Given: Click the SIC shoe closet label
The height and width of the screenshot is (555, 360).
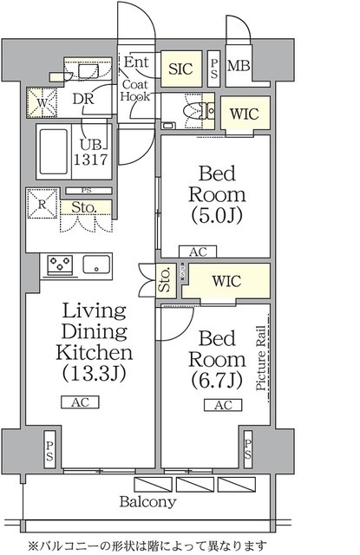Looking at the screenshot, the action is tap(180, 69).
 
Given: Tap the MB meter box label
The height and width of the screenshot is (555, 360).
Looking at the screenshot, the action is tap(239, 66).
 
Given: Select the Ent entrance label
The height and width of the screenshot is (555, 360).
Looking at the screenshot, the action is tap(136, 62).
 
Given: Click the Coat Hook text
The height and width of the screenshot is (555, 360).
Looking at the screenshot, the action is tap(134, 90).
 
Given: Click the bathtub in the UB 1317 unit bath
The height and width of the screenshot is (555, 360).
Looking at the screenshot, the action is tap(54, 151).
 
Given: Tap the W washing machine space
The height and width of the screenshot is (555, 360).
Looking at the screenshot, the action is tap(43, 102).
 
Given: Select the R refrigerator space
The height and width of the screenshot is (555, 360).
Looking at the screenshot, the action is tap(43, 204).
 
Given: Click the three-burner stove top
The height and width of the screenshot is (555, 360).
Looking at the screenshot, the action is tap(61, 264).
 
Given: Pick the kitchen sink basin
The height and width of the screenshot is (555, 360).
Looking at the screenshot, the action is tap(96, 264).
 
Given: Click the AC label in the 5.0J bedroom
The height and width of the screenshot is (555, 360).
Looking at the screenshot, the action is tap(198, 252).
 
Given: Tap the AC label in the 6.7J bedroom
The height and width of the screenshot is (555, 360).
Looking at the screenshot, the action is tap(223, 405).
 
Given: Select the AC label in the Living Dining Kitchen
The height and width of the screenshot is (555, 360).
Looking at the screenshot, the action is tap(80, 402).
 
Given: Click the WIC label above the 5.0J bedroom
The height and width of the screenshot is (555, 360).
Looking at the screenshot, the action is tap(244, 114).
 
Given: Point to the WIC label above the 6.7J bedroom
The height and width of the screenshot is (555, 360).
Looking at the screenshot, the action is tap(226, 281).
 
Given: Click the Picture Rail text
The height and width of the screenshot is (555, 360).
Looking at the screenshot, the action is tap(261, 358).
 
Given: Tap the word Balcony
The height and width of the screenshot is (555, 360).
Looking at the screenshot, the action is tap(147, 502).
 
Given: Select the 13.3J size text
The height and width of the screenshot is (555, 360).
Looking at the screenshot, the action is tap(95, 373).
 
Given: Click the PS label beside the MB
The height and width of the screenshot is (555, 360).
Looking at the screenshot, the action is tap(213, 69).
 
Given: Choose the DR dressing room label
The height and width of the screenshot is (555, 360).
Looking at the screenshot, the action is tap(83, 99).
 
